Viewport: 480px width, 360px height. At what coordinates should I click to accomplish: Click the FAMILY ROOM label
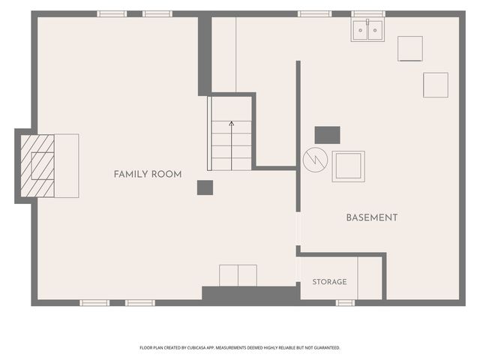tap(148, 175)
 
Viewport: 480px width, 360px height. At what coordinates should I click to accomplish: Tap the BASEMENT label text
tap(372, 218)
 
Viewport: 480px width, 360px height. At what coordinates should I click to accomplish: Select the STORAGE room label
tap(330, 282)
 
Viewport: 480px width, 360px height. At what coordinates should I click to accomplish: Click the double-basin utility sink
tap(367, 30)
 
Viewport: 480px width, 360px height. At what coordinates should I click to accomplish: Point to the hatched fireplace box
tap(37, 166)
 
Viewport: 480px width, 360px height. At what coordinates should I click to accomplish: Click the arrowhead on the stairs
tap(232, 124)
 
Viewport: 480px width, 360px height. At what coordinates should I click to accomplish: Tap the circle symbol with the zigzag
tap(315, 160)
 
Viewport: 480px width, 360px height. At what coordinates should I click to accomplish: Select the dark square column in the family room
tap(205, 187)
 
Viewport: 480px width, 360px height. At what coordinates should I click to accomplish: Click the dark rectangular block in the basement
tap(327, 135)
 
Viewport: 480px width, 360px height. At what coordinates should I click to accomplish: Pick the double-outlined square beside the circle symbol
tap(348, 166)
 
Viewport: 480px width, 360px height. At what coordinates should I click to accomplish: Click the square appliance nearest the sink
tap(410, 49)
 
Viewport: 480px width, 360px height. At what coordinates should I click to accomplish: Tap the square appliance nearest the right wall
tap(436, 85)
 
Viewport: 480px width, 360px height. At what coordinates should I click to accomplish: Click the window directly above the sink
tap(368, 13)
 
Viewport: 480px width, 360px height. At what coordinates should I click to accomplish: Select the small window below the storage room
tap(345, 303)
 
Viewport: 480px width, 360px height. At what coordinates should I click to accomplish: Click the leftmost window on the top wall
tap(112, 13)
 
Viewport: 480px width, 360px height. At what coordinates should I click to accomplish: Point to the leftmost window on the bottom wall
tap(94, 303)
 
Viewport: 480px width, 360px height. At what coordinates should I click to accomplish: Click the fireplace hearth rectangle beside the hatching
tap(67, 166)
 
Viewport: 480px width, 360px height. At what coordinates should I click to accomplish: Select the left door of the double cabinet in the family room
tap(229, 276)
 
